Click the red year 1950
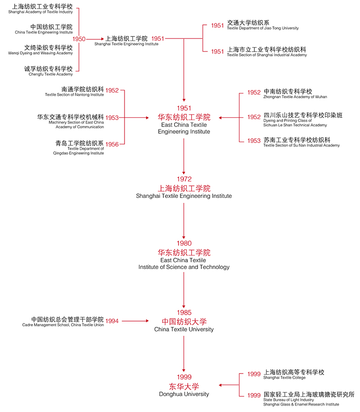point(79,39)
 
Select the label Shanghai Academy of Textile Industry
point(40,12)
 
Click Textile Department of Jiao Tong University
point(263,28)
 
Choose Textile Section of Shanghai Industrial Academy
point(267,55)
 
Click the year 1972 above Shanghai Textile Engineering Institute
point(184,179)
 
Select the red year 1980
point(184,243)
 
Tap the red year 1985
point(184,312)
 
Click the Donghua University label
point(184,394)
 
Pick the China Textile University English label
point(184,329)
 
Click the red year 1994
point(112,321)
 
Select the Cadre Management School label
point(63,325)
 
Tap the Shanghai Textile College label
point(285,377)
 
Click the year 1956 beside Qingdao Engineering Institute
point(112,144)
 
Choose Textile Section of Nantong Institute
point(74,95)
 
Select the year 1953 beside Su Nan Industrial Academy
point(253,141)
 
